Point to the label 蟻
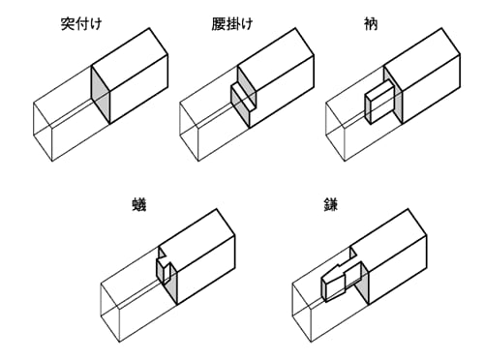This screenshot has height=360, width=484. [139, 205]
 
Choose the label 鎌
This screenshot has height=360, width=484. [331, 205]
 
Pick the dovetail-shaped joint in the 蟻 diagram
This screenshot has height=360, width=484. [164, 269]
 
